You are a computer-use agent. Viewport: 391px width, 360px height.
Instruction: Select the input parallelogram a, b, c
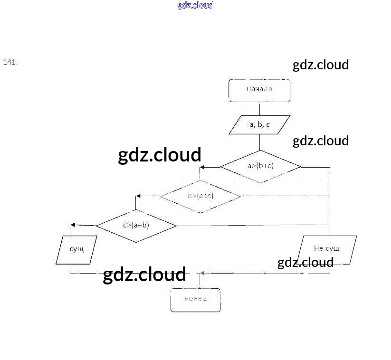[259, 125]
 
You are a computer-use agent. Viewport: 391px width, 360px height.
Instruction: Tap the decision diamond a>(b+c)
[260, 166]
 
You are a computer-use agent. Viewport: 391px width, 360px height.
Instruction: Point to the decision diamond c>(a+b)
[136, 225]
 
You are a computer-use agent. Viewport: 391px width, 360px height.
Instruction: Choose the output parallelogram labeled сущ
[76, 249]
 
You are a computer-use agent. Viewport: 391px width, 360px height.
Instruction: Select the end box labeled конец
[196, 300]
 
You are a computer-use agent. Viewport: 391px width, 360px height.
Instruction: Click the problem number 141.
[10, 62]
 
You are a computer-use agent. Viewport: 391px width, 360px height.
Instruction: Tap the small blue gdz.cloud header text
[195, 5]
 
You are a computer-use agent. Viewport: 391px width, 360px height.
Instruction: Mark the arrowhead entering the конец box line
[203, 273]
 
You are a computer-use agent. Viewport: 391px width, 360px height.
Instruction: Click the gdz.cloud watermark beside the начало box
[321, 65]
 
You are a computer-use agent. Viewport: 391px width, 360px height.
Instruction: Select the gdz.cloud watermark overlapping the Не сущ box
[305, 263]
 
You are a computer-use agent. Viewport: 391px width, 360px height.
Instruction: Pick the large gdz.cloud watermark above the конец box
[144, 275]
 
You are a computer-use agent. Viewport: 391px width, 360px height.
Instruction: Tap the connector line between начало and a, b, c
[259, 108]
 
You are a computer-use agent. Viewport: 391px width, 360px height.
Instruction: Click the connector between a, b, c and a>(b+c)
[259, 142]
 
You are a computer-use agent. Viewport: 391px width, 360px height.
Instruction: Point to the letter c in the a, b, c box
[268, 125]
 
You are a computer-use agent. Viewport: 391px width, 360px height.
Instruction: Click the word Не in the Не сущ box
[318, 248]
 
